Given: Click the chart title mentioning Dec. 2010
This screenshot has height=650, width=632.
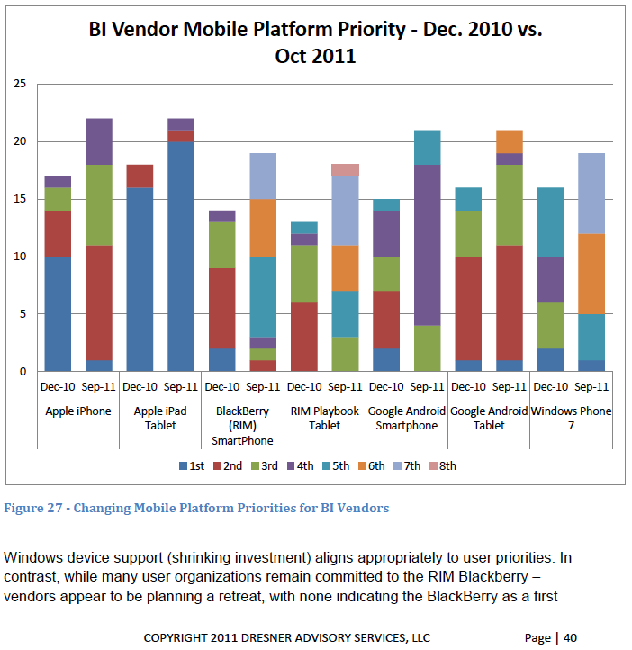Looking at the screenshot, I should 315,42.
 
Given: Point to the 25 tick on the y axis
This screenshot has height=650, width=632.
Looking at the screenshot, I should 20,85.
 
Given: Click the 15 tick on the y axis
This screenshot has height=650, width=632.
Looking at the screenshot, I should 20,199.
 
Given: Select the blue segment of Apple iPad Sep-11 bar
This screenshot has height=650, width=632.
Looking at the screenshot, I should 181,256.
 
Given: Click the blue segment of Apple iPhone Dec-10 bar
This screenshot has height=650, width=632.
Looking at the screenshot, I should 59,313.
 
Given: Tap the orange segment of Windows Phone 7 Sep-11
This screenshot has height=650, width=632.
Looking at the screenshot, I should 591,274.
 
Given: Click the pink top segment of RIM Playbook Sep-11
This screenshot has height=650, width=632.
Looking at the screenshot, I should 346,169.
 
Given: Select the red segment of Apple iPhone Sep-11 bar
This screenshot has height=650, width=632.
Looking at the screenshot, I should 99,302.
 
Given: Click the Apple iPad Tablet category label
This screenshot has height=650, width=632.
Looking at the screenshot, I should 160,419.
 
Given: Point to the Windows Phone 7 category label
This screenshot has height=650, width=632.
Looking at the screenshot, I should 571,419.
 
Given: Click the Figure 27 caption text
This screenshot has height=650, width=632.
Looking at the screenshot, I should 196,508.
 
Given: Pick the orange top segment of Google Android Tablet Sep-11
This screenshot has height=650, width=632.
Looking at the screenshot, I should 510,141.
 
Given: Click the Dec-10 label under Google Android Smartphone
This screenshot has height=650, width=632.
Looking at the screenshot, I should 386,388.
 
